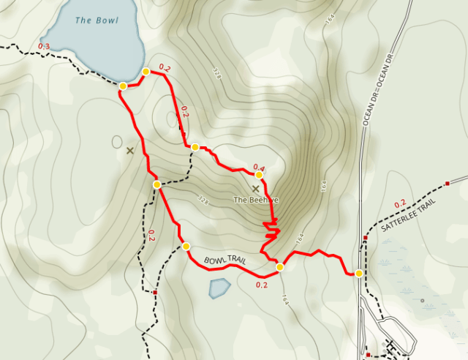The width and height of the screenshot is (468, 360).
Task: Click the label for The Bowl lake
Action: click(97, 20)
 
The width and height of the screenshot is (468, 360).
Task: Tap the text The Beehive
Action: click(256, 200)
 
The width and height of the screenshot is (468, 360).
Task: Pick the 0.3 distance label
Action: click(44, 48)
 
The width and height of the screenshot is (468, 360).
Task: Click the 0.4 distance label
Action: click(258, 168)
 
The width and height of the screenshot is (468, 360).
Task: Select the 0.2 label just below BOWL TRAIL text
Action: click(262, 285)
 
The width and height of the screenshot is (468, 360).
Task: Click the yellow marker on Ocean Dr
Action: click(358, 273)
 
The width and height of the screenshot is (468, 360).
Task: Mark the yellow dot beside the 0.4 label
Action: click(259, 175)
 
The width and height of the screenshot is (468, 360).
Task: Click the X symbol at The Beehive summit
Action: click(255, 189)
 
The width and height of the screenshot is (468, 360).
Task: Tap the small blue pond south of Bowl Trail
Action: click(219, 288)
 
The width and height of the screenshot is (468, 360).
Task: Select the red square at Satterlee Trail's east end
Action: click(447, 183)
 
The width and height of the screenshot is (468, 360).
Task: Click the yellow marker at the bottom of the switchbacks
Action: click(279, 266)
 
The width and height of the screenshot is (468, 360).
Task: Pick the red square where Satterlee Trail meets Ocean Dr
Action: click(365, 238)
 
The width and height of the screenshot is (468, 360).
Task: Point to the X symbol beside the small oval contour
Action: click(130, 151)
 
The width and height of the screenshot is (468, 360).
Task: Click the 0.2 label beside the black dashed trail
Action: click(151, 235)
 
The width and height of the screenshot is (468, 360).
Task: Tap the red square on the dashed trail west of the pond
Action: click(156, 293)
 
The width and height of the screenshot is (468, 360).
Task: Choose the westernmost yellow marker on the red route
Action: click(123, 86)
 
